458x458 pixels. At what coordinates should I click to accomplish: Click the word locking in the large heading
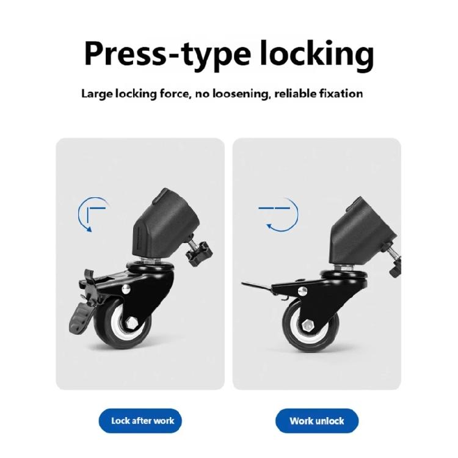pos(316,54)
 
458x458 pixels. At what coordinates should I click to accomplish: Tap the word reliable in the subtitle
pos(299,94)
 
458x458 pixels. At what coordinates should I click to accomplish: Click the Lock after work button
pos(140,421)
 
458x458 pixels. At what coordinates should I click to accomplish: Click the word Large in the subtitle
pos(96,94)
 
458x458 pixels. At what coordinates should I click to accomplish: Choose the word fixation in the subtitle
pos(341,94)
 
